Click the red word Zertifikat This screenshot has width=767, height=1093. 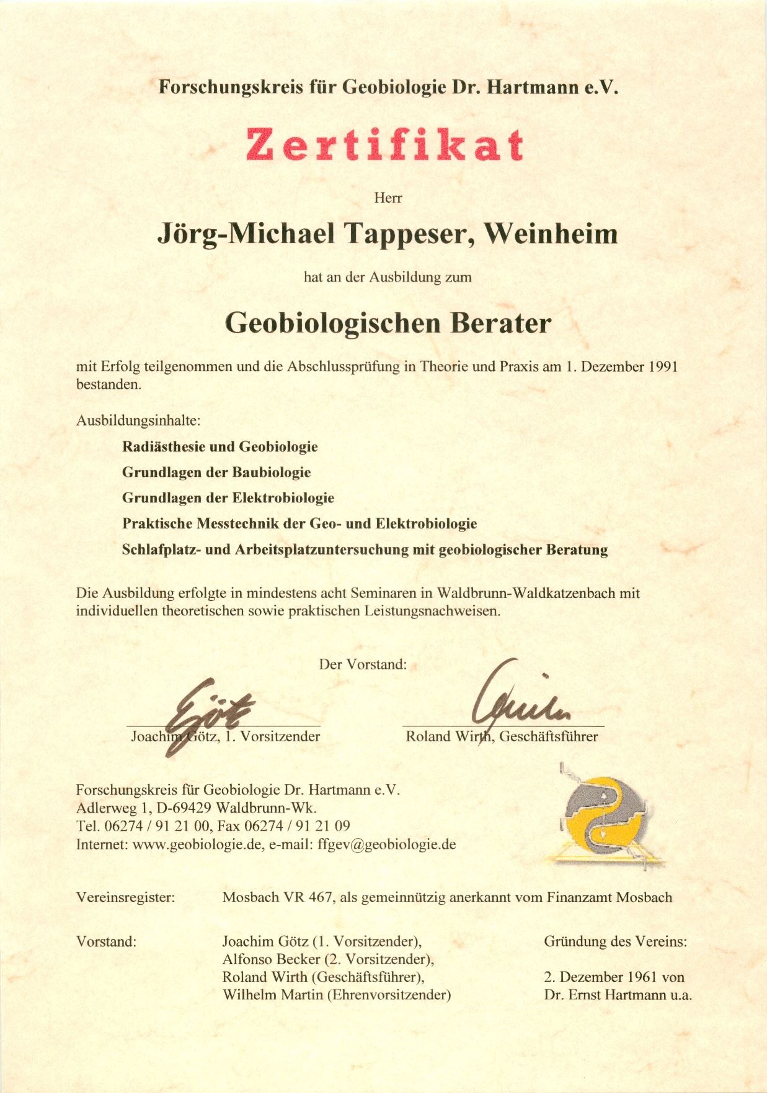384,145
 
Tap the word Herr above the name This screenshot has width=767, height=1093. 388,198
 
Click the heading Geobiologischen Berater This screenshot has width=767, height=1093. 388,323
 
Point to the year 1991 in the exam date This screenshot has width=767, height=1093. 663,367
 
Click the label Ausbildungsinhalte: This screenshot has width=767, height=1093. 138,421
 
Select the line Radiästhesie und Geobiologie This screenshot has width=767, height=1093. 219,447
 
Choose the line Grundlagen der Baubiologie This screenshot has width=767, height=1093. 216,472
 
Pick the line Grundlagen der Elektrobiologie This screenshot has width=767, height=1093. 228,497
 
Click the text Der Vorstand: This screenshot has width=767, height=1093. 363,664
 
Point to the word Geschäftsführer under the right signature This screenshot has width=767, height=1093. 549,736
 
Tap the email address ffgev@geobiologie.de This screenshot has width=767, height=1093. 387,844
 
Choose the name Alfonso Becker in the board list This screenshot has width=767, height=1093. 271,959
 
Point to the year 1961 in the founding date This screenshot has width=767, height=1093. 642,977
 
